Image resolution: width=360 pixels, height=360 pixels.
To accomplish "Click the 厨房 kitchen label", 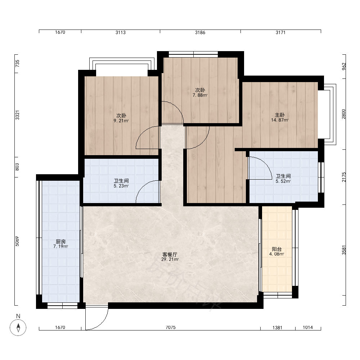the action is point(60,242).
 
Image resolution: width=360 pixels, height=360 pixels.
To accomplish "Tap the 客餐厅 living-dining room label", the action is point(170,255).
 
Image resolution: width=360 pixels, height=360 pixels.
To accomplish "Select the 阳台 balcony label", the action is point(276,249).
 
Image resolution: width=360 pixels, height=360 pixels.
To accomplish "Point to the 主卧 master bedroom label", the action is point(280,115).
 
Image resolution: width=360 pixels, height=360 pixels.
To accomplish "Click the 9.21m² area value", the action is point(121,121).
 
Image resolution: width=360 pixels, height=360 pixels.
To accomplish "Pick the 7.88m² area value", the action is point(200,95).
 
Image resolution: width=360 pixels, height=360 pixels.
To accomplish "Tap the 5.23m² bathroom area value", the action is point(121,186).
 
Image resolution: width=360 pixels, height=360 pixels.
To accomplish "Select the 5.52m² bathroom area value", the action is point(283,181).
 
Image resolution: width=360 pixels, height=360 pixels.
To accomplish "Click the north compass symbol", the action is point(18,327).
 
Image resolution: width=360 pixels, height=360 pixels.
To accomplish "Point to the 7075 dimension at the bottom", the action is point(171,327).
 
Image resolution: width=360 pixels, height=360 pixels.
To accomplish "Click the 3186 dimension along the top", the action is point(200,33).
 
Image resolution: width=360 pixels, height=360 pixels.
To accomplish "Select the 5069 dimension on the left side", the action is point(17,241).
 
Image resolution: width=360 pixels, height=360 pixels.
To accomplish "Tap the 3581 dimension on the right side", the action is point(344,250).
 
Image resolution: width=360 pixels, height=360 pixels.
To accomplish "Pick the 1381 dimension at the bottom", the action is point(277,328).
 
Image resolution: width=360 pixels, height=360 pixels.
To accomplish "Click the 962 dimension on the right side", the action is point(344,67).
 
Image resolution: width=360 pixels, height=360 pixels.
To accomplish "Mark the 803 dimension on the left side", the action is point(17,167).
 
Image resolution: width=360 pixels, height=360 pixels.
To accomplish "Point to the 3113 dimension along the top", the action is point(121,33).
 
